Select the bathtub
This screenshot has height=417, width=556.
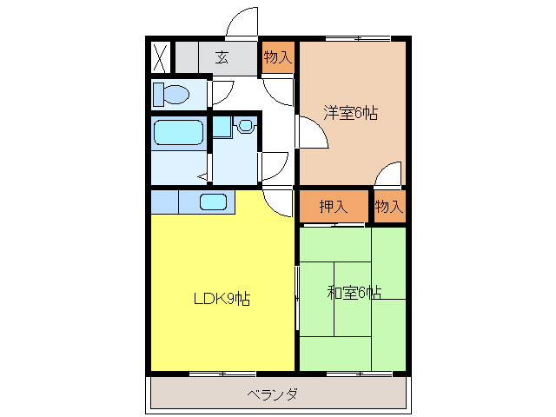179,133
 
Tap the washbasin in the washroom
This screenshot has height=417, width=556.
244,126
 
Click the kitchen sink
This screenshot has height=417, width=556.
214,202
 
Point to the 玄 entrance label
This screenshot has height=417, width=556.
222,58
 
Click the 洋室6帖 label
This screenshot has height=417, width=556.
351,113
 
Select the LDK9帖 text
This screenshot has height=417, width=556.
222,300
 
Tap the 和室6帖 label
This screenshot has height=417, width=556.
354,293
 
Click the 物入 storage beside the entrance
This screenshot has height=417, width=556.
278,58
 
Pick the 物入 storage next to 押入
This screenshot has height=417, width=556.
389,207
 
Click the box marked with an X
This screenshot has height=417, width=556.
160,57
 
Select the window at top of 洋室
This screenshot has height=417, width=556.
356,38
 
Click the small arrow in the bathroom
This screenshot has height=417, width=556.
202,176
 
